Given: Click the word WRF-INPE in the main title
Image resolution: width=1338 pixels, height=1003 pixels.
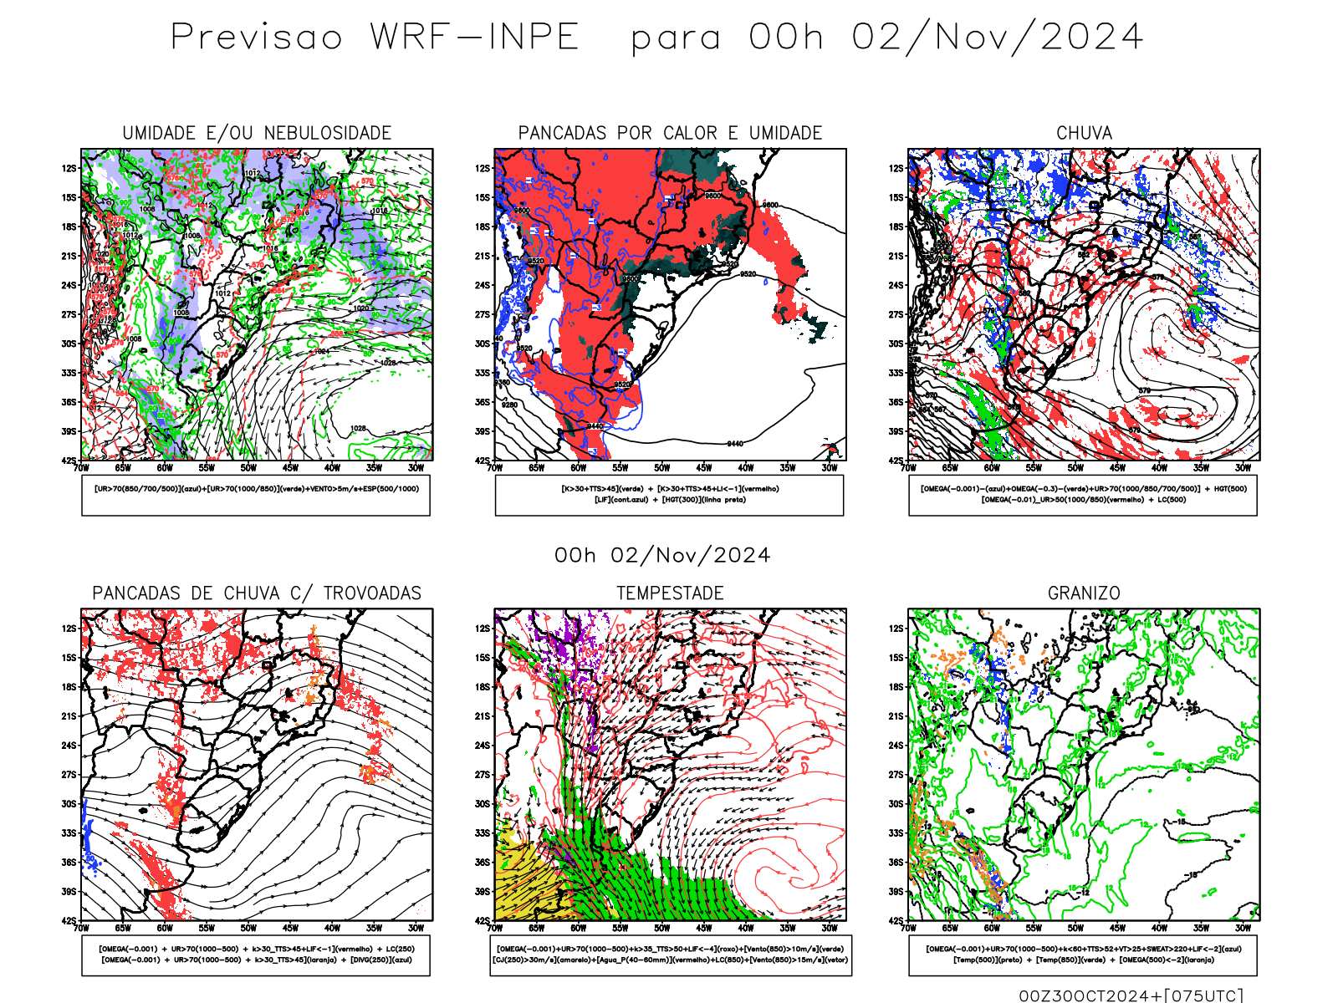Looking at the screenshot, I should pos(474,38).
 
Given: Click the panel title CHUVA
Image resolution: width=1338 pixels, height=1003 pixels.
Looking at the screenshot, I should pos(1084,133).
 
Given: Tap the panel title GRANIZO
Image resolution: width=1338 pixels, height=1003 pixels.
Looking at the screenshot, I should pos(1084,593).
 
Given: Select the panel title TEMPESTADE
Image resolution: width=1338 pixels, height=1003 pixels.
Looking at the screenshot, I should pos(670,593).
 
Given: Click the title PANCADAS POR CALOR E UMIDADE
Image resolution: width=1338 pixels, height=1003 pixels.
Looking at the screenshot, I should pos(670,133).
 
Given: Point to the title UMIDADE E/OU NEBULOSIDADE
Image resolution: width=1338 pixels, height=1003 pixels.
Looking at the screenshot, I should pos(257,133).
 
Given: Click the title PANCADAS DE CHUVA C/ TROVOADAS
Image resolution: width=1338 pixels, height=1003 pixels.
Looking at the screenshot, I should pos(257,593).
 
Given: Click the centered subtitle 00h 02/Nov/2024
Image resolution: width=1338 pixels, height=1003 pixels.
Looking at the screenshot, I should pos(662,555).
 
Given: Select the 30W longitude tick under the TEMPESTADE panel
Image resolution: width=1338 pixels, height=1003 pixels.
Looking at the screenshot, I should pos(829,928).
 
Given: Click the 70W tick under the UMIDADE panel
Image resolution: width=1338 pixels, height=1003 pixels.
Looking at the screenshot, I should pos(81,468).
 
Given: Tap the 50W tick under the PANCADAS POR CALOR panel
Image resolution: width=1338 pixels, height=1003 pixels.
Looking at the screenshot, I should pos(661,468).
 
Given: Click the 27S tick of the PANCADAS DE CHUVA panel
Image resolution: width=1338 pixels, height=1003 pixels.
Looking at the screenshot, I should pos(69,775).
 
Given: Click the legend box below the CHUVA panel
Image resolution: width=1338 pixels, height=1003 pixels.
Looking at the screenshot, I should pos(1083,495).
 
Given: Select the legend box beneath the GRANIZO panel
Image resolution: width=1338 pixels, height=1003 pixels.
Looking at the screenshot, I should pos(1083,955).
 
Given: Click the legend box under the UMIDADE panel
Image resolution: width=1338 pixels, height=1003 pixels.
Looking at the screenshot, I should pos(256,495).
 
